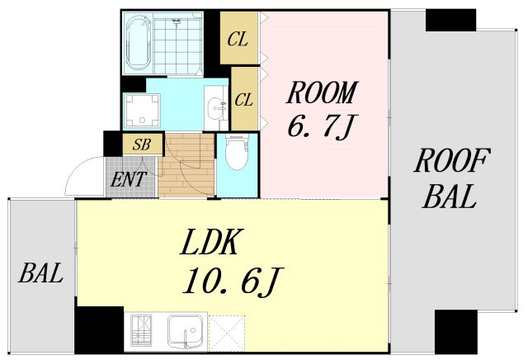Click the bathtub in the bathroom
pos(138,44)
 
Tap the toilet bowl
pos(237,153)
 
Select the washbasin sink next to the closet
pos(215,108)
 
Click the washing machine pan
pos(141,111)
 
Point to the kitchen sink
pos(186,332)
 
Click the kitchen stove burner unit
pos(141,331)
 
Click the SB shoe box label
pos(141,144)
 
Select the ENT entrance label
pos(129,179)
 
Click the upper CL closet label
pos(238,39)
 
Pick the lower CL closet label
pos(243,100)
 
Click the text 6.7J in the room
pos(321,126)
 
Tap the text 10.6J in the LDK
pos(233,282)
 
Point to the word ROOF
pos(452,161)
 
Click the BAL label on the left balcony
pos(40,273)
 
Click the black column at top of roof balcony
pos(450,20)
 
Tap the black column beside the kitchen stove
pos(99,329)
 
